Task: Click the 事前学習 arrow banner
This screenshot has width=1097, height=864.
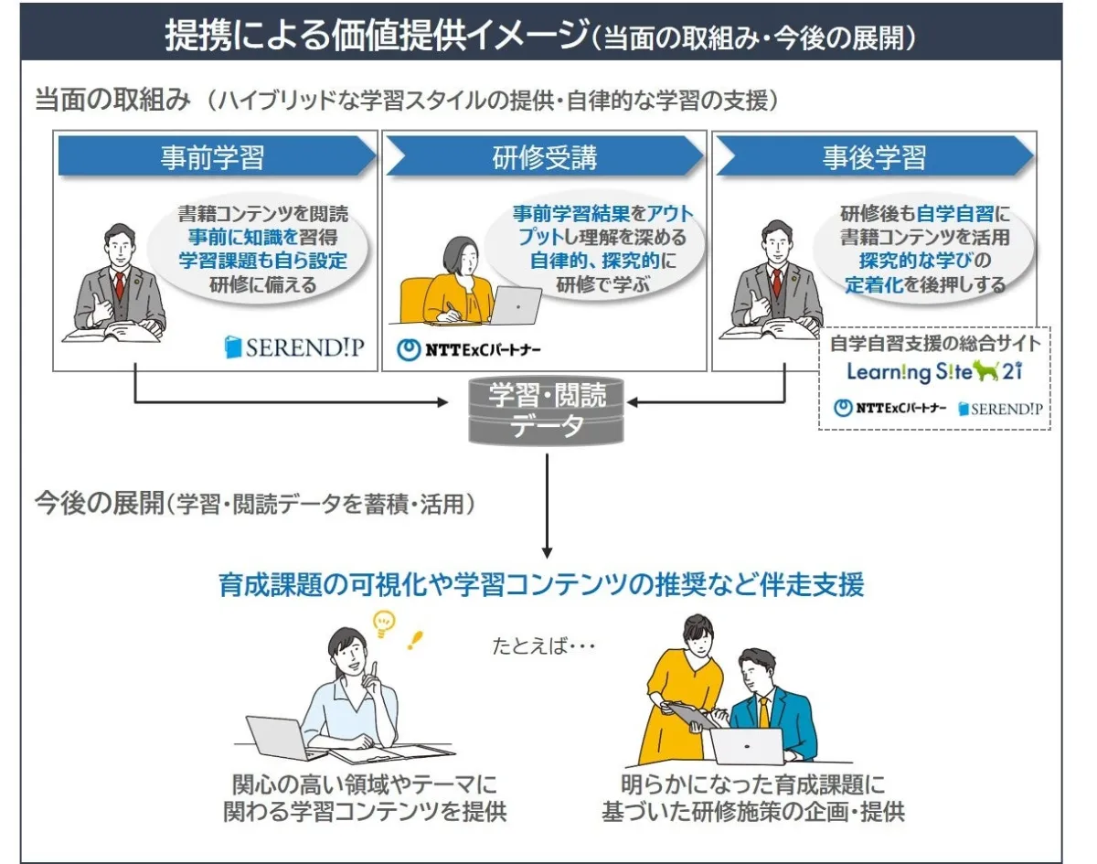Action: [218, 156]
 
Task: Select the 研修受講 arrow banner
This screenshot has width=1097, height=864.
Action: [545, 156]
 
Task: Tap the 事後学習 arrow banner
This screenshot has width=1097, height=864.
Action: [875, 156]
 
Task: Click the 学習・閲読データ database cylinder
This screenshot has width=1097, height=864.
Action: [546, 411]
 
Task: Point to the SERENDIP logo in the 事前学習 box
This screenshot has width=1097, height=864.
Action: [294, 347]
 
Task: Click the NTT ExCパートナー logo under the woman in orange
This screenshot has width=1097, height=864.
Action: [468, 350]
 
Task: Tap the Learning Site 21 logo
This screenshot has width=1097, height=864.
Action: [934, 372]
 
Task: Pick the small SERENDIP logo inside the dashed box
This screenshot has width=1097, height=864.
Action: [1000, 409]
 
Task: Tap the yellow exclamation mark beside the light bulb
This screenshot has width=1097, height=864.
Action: [415, 640]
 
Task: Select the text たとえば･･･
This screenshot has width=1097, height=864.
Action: [543, 646]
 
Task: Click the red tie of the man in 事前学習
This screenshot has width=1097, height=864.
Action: [119, 285]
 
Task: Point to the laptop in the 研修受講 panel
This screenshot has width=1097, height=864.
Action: [516, 305]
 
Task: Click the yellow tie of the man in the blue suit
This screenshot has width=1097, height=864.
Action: [763, 712]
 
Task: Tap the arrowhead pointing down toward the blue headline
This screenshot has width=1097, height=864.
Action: [547, 553]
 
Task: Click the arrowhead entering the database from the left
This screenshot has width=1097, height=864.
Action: [442, 402]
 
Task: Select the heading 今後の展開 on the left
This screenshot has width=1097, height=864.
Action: [100, 504]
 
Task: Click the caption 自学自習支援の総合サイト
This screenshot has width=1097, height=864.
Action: [935, 343]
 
